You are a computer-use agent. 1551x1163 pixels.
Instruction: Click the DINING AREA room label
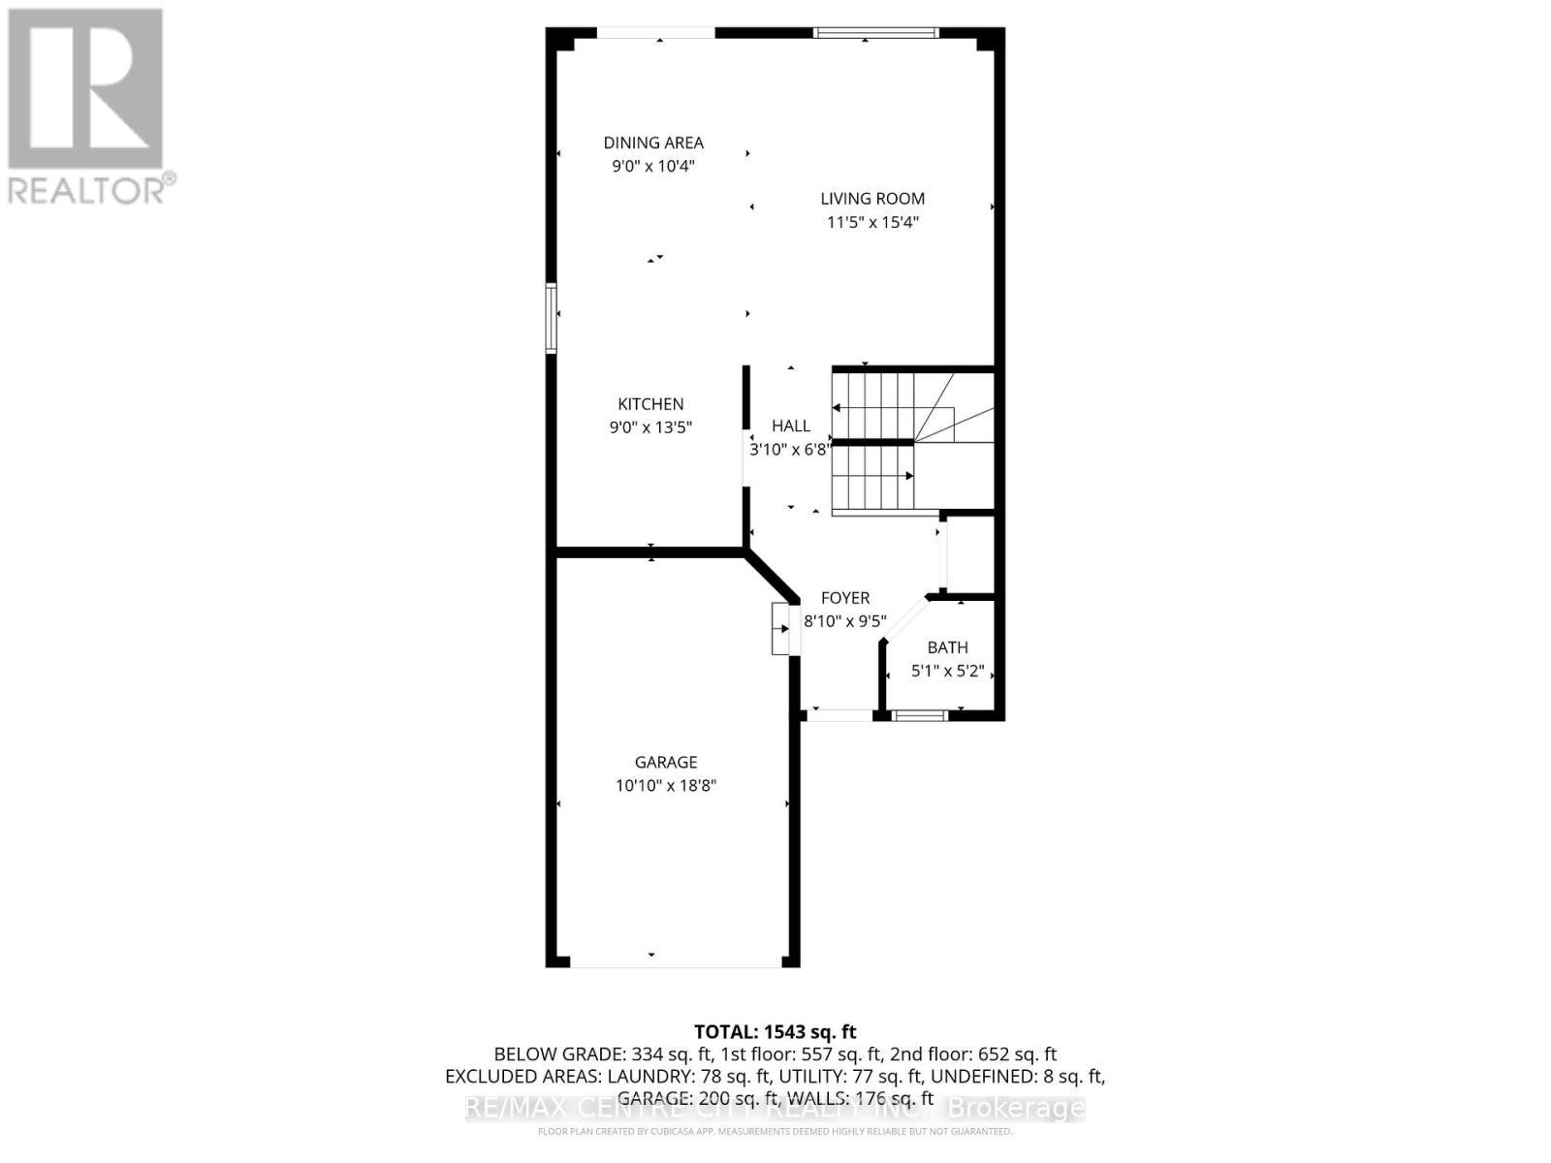click(653, 142)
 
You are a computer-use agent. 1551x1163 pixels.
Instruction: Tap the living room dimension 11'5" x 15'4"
click(872, 222)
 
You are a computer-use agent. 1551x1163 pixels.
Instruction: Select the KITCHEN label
click(651, 404)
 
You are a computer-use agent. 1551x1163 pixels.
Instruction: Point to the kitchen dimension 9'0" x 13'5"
click(651, 427)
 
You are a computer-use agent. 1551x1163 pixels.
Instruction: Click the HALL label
click(791, 425)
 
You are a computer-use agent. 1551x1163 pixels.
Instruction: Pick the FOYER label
click(845, 598)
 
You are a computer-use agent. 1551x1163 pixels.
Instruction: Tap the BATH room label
click(947, 647)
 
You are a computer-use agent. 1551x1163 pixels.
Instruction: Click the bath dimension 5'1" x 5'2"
click(947, 671)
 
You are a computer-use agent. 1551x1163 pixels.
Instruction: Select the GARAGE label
click(666, 763)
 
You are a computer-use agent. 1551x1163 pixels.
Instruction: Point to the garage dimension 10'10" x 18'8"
click(666, 786)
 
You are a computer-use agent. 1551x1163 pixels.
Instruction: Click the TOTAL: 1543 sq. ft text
click(775, 1032)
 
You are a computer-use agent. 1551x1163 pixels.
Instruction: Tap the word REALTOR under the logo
click(87, 190)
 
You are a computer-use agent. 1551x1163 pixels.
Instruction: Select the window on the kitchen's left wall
click(552, 317)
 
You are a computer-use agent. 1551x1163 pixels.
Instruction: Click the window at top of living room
click(875, 33)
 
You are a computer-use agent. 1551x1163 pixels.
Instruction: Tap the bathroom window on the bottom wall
click(919, 716)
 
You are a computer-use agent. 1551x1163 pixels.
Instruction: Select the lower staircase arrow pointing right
click(907, 476)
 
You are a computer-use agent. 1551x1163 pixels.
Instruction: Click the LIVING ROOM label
click(872, 199)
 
